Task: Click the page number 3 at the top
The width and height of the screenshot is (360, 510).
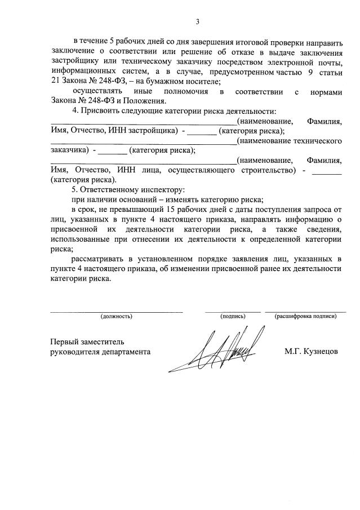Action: (x=197, y=22)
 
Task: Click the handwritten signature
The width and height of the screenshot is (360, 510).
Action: (x=217, y=352)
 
